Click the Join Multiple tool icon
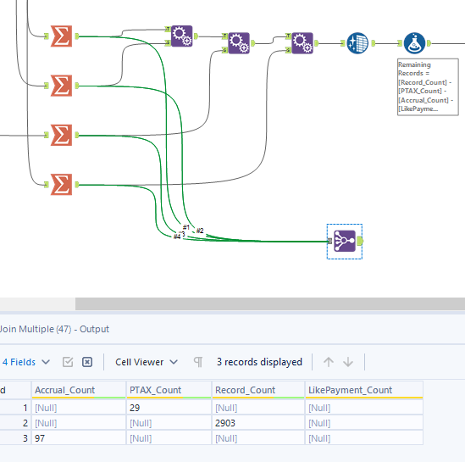(345, 241)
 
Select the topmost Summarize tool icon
(61, 36)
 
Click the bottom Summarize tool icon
(61, 184)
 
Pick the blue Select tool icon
(357, 42)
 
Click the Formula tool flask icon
(413, 42)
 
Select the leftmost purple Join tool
(181, 36)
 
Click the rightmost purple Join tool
(302, 41)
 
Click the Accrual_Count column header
(65, 390)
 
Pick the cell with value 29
(136, 407)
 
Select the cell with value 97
(41, 437)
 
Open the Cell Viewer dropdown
(147, 362)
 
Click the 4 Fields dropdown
(24, 362)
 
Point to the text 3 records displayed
(259, 362)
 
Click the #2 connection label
(200, 231)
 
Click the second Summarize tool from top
(61, 85)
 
